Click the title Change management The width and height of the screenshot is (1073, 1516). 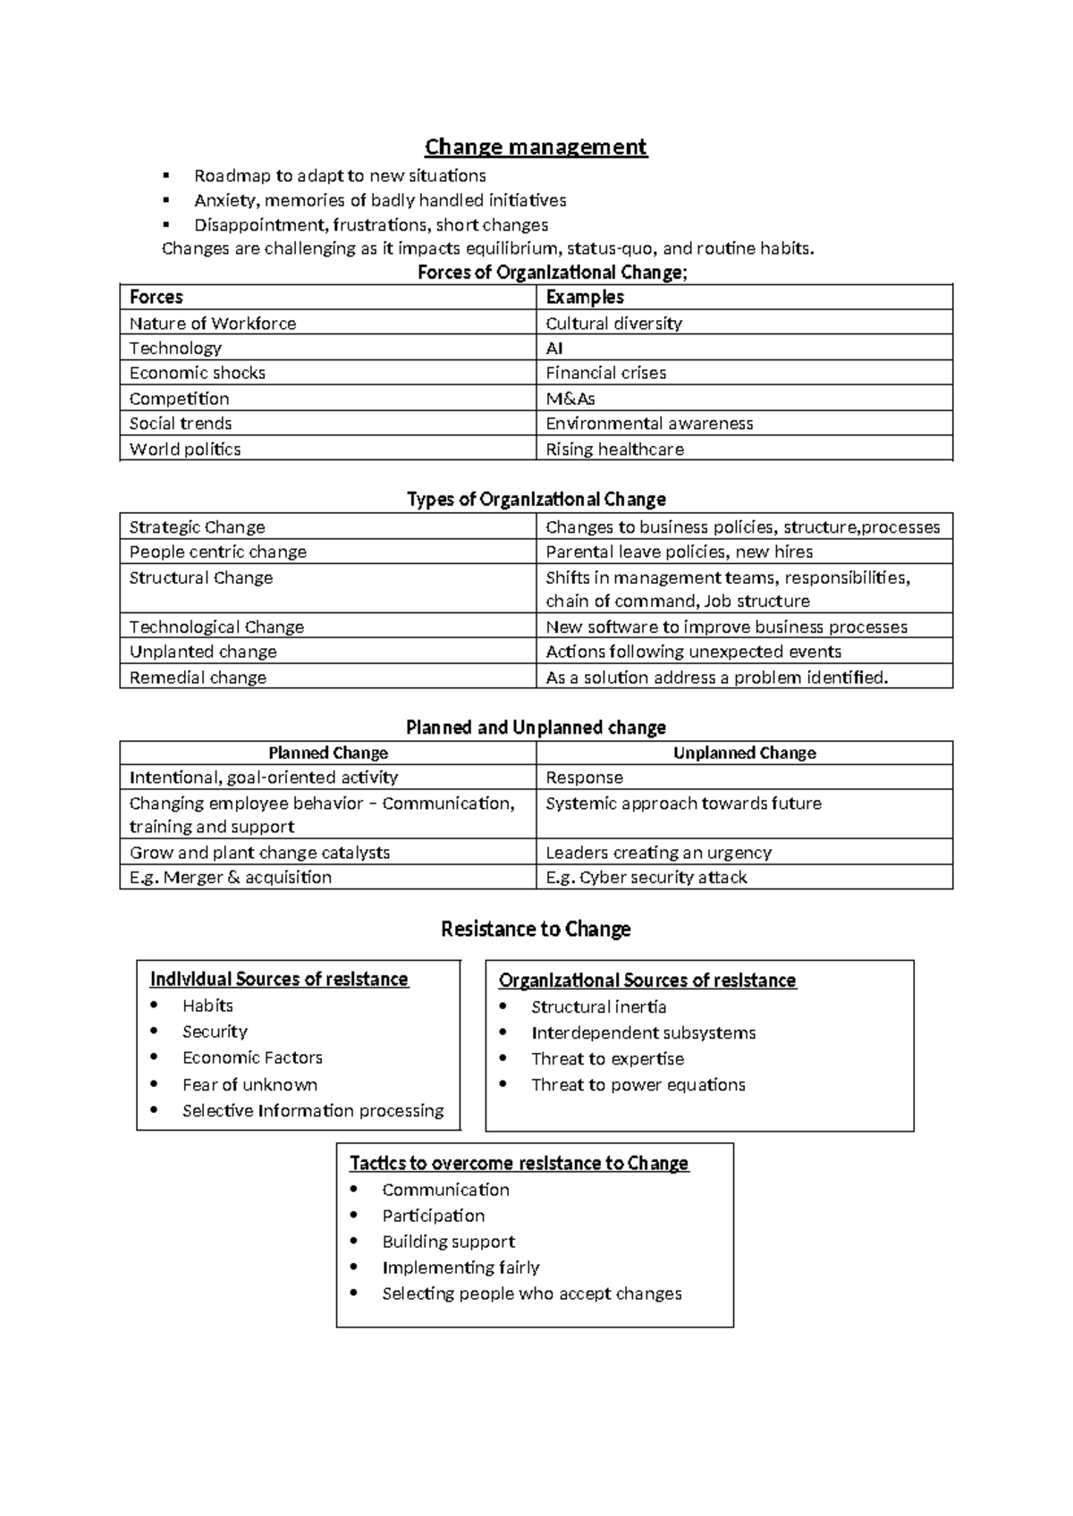(536, 147)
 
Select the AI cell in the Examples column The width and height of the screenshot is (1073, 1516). (554, 348)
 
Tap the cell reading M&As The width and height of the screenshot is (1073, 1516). (570, 399)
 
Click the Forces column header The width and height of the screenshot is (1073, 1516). (156, 297)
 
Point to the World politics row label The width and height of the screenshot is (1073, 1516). (185, 449)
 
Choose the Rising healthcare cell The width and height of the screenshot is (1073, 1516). (614, 449)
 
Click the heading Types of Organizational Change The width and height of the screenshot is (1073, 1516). (536, 499)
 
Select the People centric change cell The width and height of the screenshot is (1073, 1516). (218, 552)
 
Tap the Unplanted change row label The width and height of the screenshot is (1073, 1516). (203, 652)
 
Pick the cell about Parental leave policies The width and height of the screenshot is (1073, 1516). (679, 552)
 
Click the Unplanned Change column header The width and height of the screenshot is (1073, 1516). (744, 753)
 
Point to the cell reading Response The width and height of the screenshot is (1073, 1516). (584, 778)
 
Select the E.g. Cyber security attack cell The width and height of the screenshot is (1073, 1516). (646, 877)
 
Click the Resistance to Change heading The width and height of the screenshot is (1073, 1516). (536, 929)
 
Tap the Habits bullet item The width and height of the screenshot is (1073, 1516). (207, 1006)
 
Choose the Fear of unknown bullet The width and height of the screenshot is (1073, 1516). (249, 1084)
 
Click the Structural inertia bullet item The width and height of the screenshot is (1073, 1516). (598, 1006)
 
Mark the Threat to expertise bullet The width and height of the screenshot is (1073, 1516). (607, 1058)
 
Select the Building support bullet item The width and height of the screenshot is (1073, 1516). (448, 1241)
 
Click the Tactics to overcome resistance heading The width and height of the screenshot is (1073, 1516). (519, 1163)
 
